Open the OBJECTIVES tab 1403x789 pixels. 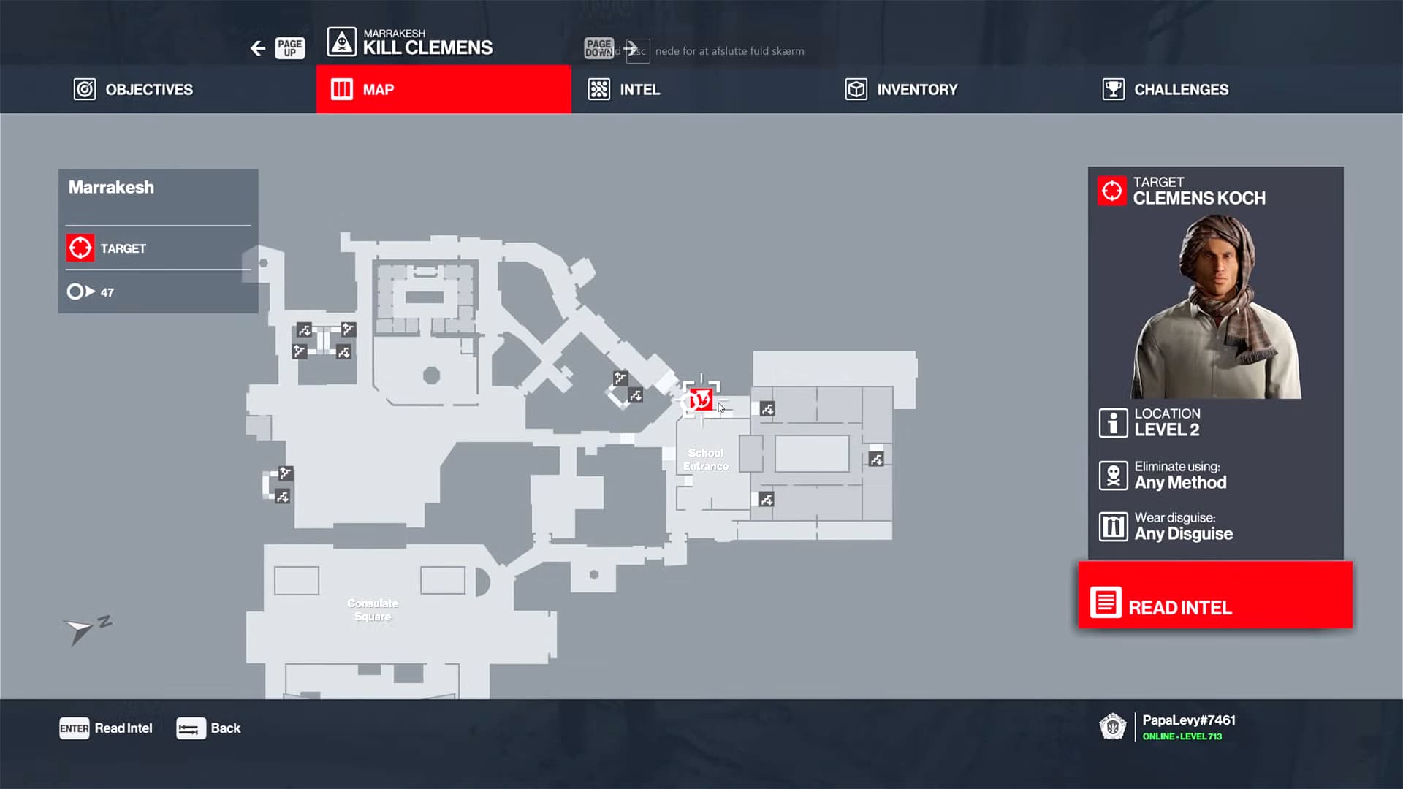pyautogui.click(x=134, y=89)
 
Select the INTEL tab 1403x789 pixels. pyautogui.click(x=625, y=89)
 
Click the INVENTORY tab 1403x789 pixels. pyautogui.click(x=901, y=89)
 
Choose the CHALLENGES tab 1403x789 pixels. pyautogui.click(x=1166, y=89)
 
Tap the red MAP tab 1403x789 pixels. pyautogui.click(x=443, y=89)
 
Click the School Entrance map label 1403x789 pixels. pyautogui.click(x=706, y=460)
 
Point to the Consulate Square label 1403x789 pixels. pyautogui.click(x=373, y=609)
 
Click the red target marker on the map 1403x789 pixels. pyautogui.click(x=701, y=400)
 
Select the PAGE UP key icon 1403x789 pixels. pyautogui.click(x=289, y=48)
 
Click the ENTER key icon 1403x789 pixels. pyautogui.click(x=74, y=728)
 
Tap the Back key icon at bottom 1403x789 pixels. pyautogui.click(x=191, y=728)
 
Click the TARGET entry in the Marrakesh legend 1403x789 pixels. pyautogui.click(x=123, y=248)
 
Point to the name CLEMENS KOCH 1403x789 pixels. pyautogui.click(x=1199, y=198)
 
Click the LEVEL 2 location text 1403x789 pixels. pyautogui.click(x=1166, y=430)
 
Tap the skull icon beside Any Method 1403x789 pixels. pyautogui.click(x=1113, y=476)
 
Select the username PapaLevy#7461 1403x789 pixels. pyautogui.click(x=1189, y=720)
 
